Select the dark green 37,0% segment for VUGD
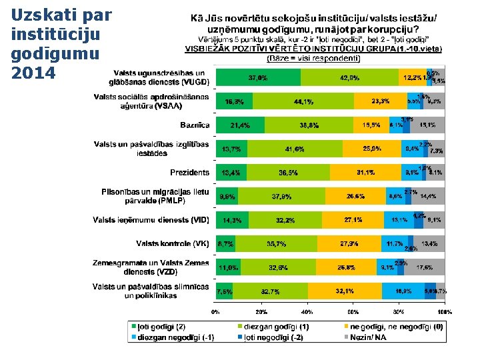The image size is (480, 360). (x=258, y=77)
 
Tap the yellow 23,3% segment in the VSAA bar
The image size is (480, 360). (x=380, y=101)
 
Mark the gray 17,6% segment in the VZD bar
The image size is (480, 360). (x=424, y=267)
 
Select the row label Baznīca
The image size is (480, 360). (x=195, y=125)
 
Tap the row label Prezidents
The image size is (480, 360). (x=189, y=172)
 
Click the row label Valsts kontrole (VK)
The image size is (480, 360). (x=172, y=243)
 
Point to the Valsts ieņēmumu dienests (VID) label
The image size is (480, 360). (x=151, y=219)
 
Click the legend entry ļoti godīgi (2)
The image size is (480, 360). (x=161, y=327)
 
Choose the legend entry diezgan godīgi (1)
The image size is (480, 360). (x=273, y=327)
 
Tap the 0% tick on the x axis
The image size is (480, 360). (x=215, y=311)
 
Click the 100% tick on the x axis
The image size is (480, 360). (x=445, y=311)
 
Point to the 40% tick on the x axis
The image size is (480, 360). (x=307, y=311)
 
